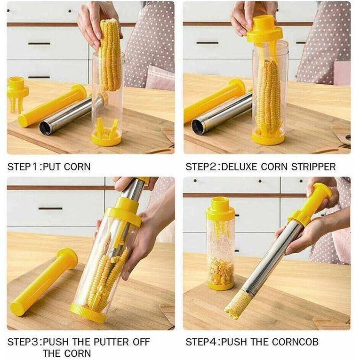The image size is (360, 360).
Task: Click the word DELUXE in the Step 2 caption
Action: pyautogui.click(x=240, y=167)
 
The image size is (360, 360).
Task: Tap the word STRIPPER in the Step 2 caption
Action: pyautogui.click(x=313, y=167)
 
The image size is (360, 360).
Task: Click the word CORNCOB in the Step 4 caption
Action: pyautogui.click(x=295, y=342)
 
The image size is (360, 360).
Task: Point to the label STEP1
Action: pyautogui.click(x=23, y=167)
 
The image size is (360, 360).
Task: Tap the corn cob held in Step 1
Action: pyautogui.click(x=110, y=55)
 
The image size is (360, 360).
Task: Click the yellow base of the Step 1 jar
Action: pyautogui.click(x=106, y=139)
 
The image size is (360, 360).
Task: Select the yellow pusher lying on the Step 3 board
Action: pyautogui.click(x=44, y=282)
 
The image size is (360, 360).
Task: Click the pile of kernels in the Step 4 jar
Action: pyautogui.click(x=221, y=271)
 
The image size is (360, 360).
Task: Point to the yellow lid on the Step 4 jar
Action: pyautogui.click(x=220, y=208)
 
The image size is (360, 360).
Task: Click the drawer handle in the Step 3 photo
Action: pyautogui.click(x=50, y=208)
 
